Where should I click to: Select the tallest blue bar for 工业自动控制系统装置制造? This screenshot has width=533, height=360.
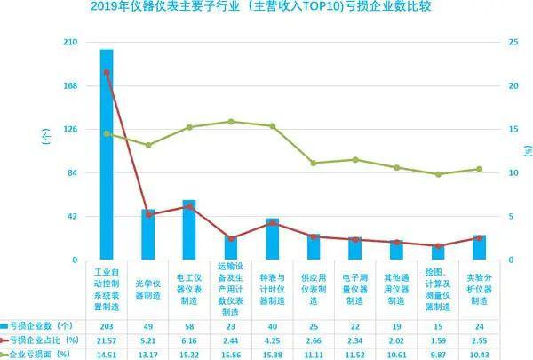pos(107,156)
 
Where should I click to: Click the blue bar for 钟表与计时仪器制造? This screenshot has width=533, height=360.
pos(273,238)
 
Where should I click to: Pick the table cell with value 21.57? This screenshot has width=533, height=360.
pos(107,340)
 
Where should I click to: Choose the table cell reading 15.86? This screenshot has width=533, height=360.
pos(231,355)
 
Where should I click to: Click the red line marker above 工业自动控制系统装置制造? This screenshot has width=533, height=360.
pos(107,72)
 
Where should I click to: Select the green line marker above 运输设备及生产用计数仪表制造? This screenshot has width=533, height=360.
pos(231,121)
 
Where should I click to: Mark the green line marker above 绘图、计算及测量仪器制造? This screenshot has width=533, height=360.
pos(439,174)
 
